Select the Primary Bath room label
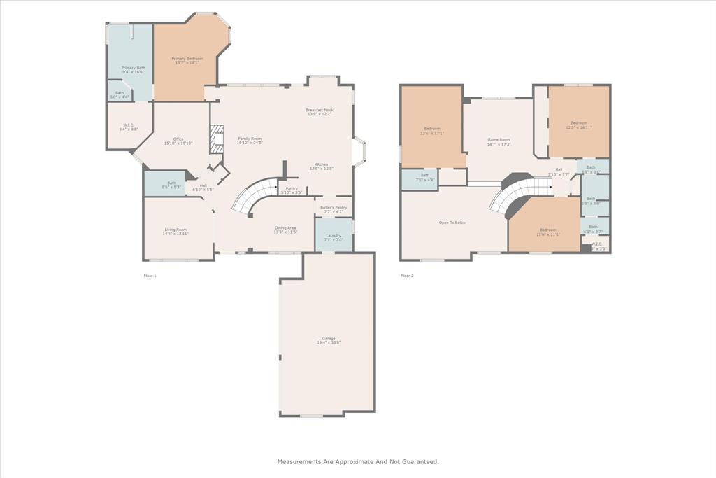click(x=133, y=69)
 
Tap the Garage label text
click(x=328, y=339)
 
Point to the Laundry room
click(x=334, y=236)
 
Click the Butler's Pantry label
click(x=334, y=208)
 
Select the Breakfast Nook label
click(x=320, y=111)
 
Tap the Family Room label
click(x=250, y=139)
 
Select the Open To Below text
click(x=452, y=223)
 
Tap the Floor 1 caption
click(x=150, y=276)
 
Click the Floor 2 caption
click(x=407, y=276)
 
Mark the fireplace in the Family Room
click(x=217, y=139)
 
